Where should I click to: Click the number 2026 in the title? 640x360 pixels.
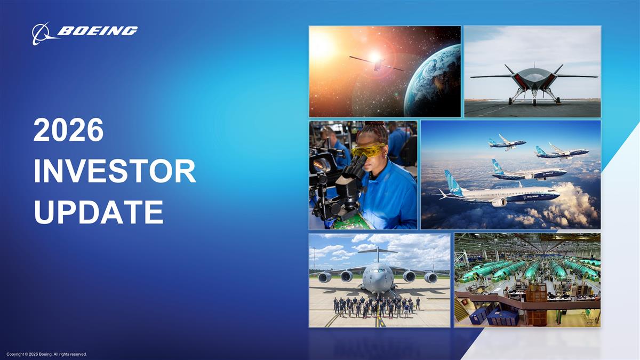click(68, 131)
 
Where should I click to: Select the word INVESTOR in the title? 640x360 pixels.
click(114, 172)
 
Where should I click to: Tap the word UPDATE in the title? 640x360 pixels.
click(98, 212)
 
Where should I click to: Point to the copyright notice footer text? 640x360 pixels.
click(47, 354)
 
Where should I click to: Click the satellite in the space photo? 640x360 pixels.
click(377, 64)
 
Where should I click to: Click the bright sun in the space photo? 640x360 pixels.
click(322, 47)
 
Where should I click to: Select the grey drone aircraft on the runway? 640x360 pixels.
click(533, 80)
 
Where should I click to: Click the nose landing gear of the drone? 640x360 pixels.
click(534, 98)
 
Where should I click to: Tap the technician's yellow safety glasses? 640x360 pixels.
click(369, 150)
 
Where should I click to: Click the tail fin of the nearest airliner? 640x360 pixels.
click(453, 181)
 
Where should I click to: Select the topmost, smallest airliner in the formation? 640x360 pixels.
click(507, 142)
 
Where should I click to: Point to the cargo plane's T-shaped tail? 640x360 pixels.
click(378, 251)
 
